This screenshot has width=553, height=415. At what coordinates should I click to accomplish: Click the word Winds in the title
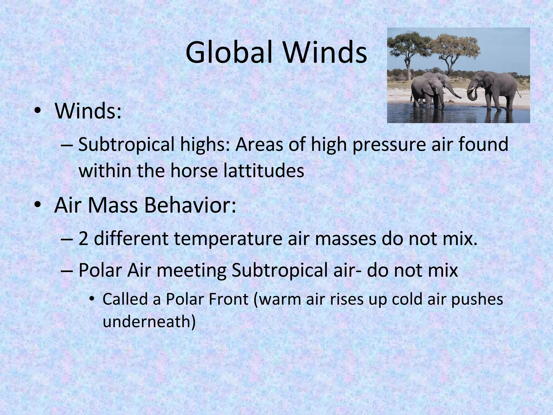[324, 52]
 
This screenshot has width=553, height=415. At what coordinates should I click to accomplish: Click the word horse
[194, 171]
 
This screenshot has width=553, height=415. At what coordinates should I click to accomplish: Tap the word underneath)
[149, 322]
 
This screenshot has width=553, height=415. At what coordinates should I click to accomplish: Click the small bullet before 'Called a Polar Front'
[92, 299]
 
